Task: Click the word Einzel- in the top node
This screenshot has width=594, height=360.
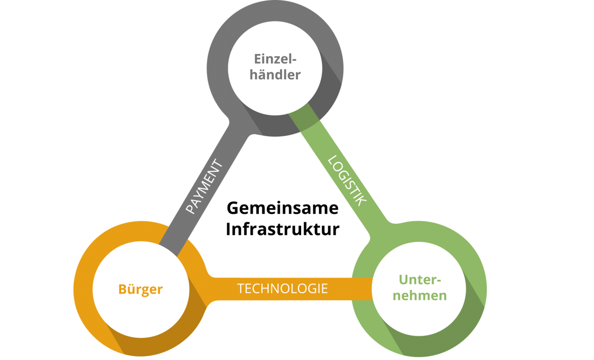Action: [275, 59]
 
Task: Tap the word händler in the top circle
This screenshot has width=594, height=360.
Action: [275, 75]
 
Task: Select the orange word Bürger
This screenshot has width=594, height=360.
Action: [141, 289]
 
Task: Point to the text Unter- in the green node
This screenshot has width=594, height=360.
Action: [420, 280]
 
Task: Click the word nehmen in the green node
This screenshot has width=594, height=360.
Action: [420, 296]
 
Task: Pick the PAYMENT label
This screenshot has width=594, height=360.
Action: [204, 187]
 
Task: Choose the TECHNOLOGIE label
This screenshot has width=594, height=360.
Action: [282, 289]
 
